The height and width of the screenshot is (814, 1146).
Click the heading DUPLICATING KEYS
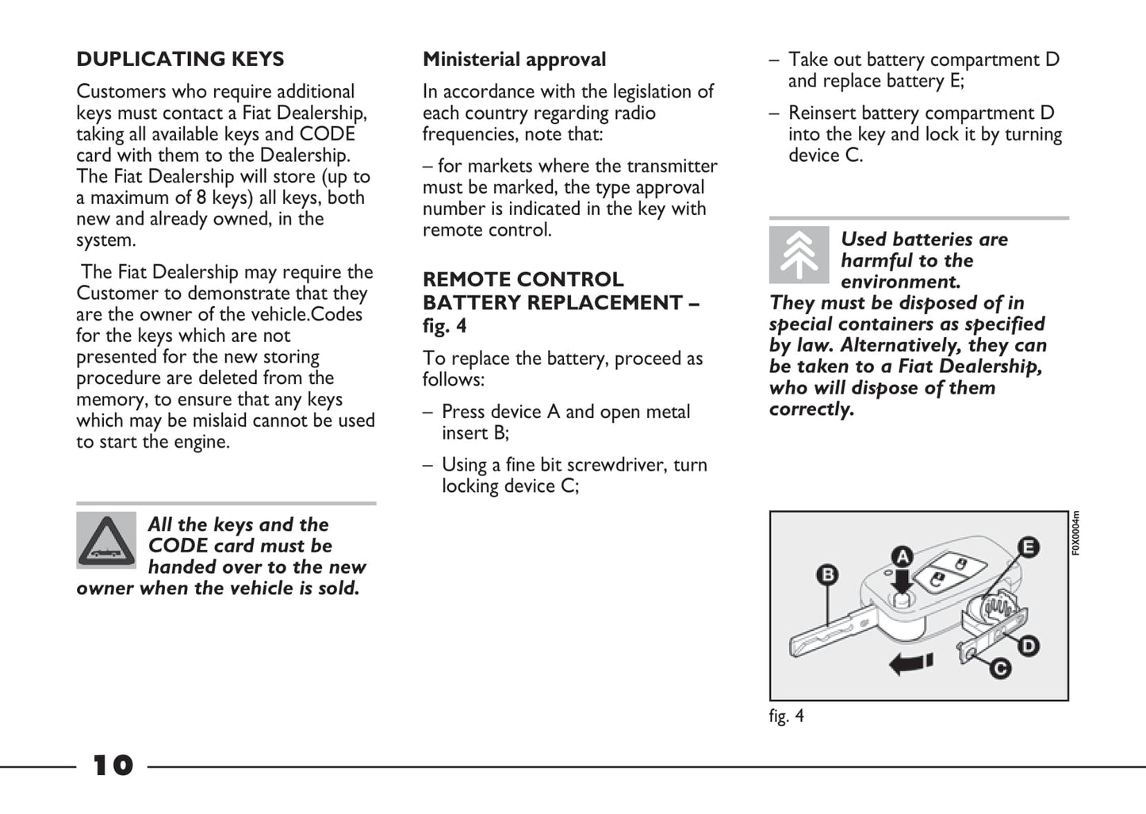point(180,60)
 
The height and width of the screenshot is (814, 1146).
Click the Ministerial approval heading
point(514,60)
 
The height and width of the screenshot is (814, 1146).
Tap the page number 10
point(113,766)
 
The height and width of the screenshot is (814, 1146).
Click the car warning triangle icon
point(106,540)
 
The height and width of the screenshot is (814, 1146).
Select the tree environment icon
point(799,255)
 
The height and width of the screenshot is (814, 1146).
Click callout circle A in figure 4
point(902,556)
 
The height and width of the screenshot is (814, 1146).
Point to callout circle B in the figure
point(827,574)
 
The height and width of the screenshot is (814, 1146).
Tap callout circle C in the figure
point(1001,668)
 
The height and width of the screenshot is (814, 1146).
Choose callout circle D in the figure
point(1029,646)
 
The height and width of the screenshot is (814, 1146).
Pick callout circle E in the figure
point(1029,547)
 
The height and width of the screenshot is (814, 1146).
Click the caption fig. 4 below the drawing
point(786,716)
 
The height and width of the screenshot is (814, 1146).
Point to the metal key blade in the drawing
point(829,635)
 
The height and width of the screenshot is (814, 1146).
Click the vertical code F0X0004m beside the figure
point(1075,533)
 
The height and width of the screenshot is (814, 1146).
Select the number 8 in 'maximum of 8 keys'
point(201,198)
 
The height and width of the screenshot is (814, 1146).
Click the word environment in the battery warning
point(900,282)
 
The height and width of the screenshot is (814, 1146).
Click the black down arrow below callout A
point(901,582)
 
